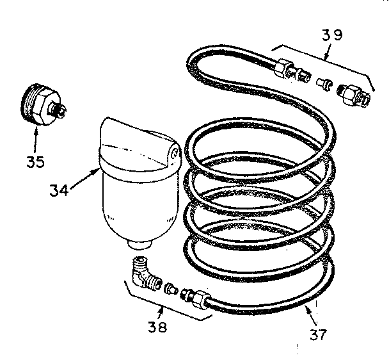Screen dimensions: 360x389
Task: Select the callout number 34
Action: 60,190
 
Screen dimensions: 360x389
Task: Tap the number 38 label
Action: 157,327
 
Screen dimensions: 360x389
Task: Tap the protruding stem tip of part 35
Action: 61,112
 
